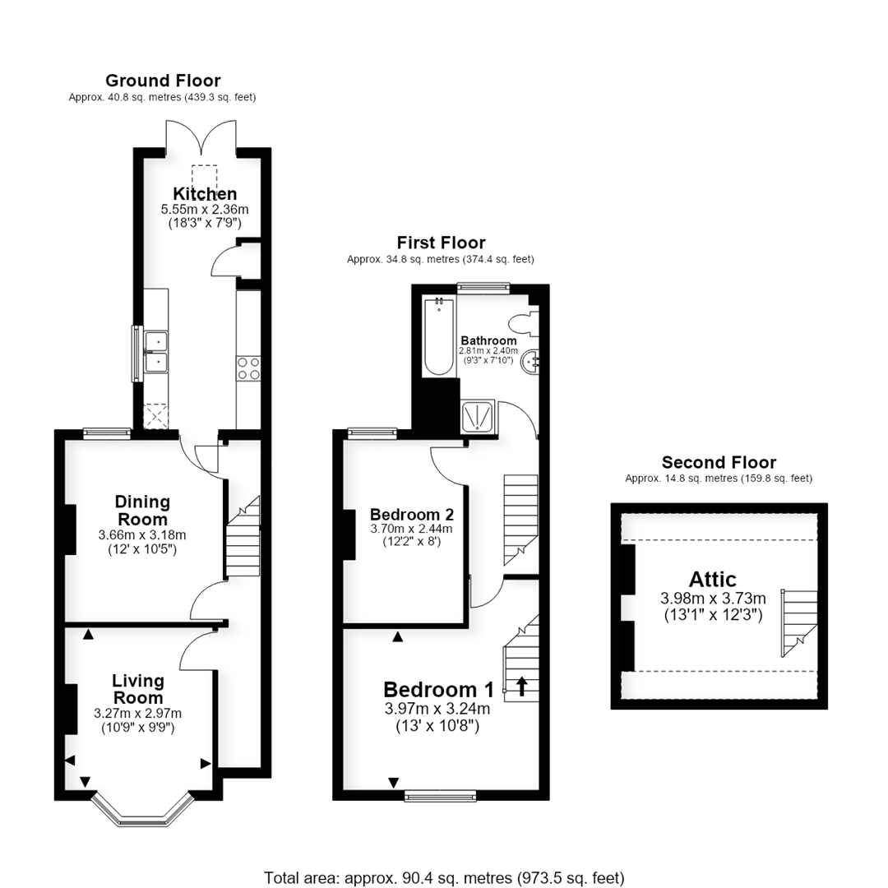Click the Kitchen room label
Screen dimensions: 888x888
205,194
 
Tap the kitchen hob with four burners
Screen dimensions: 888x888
248,368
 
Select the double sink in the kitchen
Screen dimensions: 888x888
155,352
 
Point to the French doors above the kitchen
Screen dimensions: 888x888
201,136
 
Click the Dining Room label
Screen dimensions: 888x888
142,511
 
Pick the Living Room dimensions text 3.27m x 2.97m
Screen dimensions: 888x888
138,714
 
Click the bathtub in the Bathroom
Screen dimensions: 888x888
439,336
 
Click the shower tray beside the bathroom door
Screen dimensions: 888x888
478,417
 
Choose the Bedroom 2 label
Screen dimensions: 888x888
412,514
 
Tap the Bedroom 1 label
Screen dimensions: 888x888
438,690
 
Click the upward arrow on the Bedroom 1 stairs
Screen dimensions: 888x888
521,687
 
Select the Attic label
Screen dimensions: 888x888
712,580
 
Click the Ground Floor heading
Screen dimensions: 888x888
163,81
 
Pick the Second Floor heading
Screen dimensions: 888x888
719,462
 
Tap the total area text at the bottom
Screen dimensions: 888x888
444,878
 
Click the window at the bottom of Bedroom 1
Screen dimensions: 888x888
441,796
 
